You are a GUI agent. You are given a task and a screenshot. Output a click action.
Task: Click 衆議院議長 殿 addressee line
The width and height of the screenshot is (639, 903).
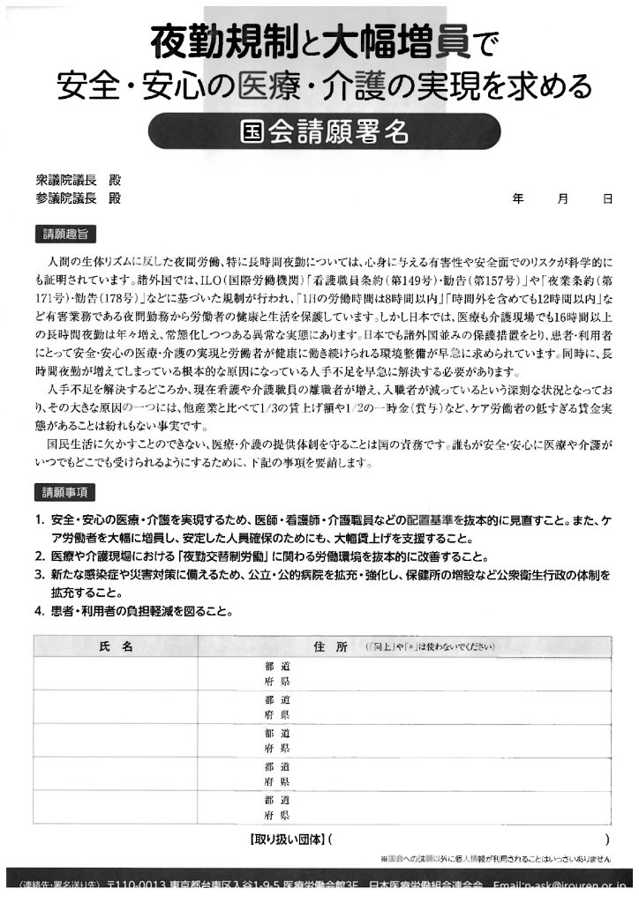pos(78,181)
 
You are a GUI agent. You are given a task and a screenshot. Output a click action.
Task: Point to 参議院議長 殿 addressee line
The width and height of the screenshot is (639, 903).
pos(78,198)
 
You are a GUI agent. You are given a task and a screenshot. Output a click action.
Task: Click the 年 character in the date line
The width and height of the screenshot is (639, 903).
pos(518,199)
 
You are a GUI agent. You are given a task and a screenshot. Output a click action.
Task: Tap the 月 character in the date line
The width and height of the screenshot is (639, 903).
pos(563,199)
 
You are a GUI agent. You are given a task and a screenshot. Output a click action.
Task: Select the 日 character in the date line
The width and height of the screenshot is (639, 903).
pos(608,199)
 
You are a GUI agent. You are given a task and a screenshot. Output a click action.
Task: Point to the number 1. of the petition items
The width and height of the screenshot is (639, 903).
pos(40,520)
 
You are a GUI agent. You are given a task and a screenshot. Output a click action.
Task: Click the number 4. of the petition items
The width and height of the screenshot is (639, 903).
pos(40,610)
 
